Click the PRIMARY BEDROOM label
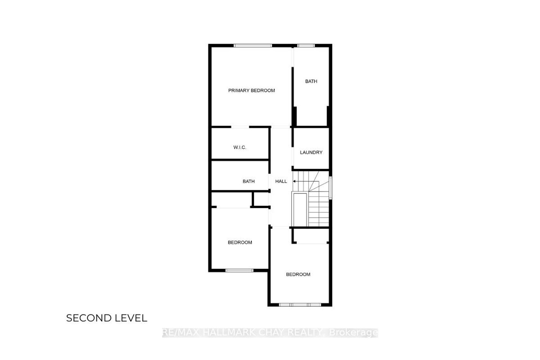(251, 90)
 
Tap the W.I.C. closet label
(240, 147)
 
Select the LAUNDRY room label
(311, 152)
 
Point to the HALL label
(281, 181)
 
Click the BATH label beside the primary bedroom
(311, 81)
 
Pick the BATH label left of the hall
(248, 181)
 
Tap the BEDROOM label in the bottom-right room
(298, 274)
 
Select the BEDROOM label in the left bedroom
(240, 242)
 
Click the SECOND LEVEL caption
(107, 318)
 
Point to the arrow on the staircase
(306, 181)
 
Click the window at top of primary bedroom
(253, 46)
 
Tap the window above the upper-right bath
(306, 46)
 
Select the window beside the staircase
(330, 188)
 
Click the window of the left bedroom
(239, 271)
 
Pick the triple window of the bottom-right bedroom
(300, 305)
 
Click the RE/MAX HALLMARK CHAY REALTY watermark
(243, 332)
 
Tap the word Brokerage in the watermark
(354, 333)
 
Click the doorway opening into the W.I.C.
(240, 127)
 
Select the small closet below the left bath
(261, 199)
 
